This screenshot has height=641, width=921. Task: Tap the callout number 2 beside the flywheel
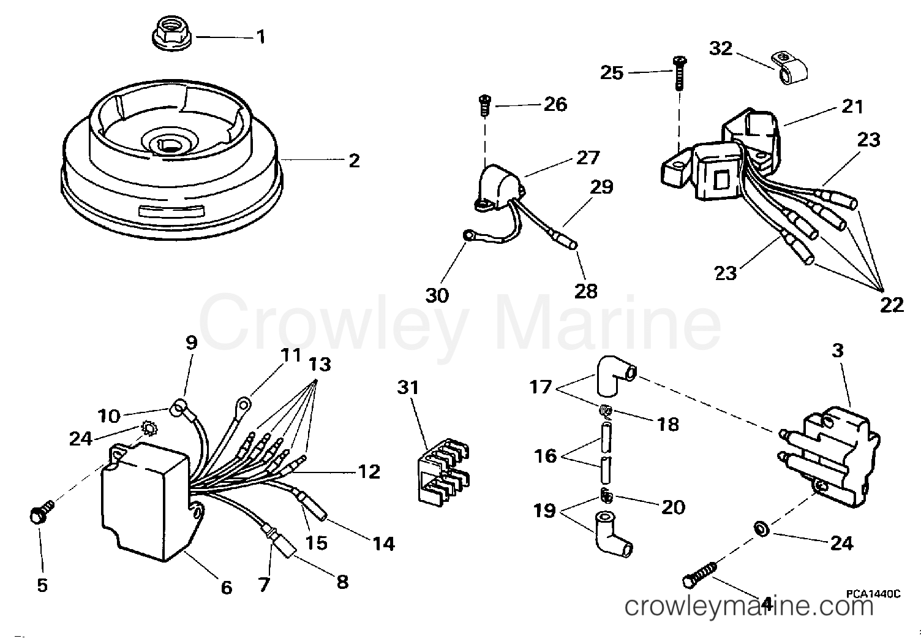click(x=354, y=161)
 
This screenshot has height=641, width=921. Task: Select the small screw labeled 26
click(x=485, y=107)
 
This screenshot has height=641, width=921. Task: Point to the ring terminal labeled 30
click(x=470, y=234)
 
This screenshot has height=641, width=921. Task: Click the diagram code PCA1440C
click(x=874, y=593)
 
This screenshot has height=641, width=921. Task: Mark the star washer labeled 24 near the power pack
click(x=147, y=427)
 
